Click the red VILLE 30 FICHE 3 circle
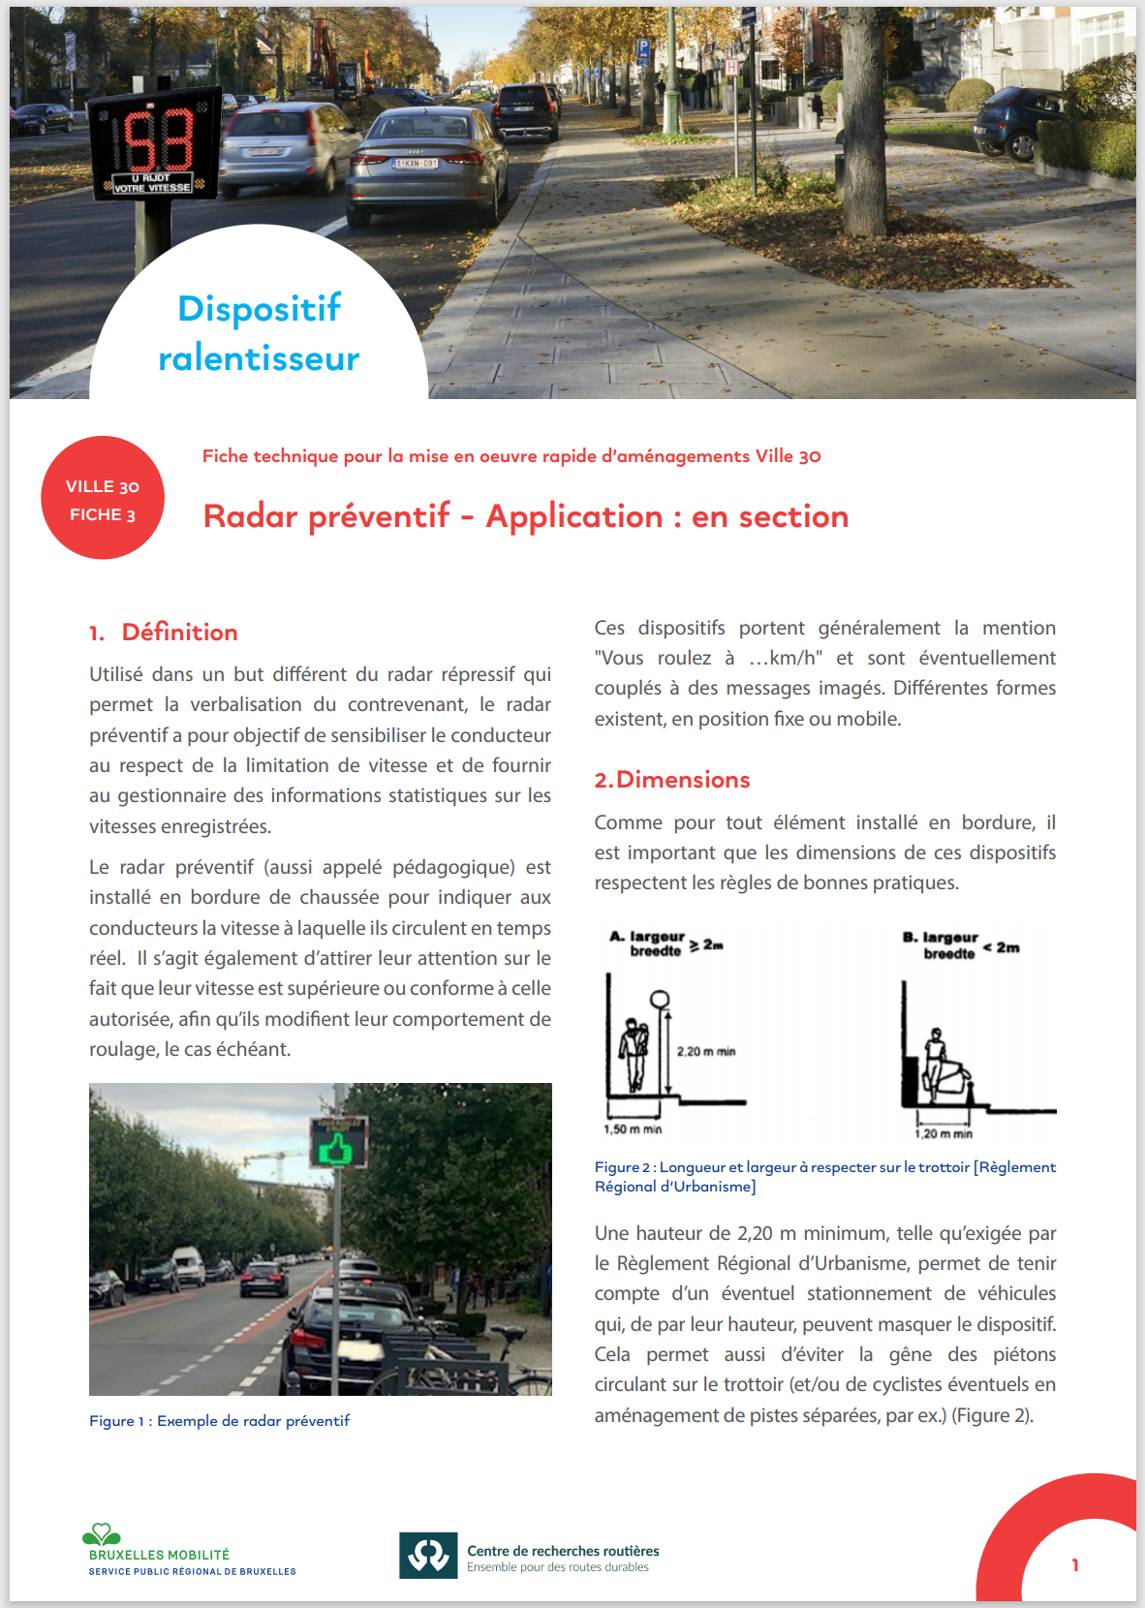103,498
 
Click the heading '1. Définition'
164,633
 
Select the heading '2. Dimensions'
672,780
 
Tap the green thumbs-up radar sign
338,1143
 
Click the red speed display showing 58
156,140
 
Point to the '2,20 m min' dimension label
706,1052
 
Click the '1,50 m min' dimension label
633,1129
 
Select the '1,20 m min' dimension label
944,1133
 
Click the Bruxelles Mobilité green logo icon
101,1534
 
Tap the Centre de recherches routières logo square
428,1555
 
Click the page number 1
1075,1565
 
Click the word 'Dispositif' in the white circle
259,309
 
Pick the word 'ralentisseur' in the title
259,358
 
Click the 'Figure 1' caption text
219,1421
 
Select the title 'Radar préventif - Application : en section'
525,516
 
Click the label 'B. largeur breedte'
941,945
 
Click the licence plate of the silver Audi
416,164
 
